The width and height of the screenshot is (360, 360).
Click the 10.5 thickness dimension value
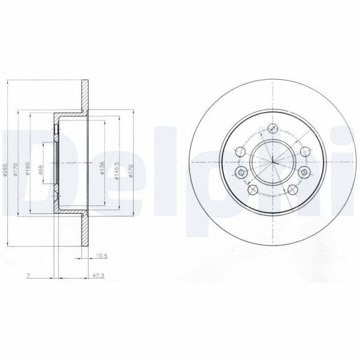(101, 256)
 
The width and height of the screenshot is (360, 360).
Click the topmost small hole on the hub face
(273, 127)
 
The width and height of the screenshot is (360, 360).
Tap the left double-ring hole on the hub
(241, 173)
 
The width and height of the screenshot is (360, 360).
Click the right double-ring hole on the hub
(304, 173)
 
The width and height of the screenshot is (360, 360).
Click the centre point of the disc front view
(273, 162)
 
